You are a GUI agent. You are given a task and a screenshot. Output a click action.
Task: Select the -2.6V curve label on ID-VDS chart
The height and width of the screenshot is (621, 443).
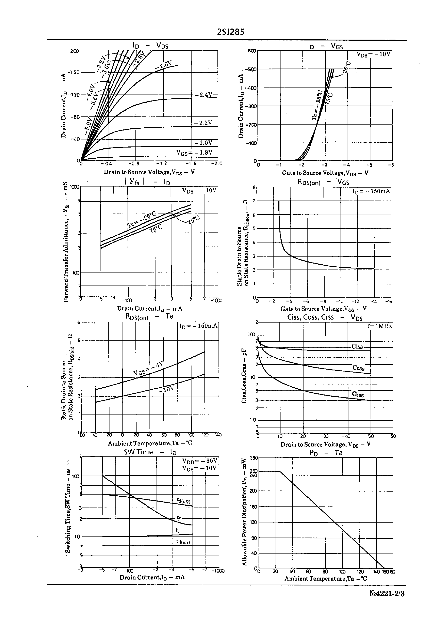[x=164, y=64]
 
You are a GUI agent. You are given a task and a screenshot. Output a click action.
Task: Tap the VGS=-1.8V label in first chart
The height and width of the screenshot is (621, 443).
[x=194, y=152]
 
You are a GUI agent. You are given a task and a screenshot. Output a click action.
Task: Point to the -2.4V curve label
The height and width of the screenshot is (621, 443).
[x=203, y=95]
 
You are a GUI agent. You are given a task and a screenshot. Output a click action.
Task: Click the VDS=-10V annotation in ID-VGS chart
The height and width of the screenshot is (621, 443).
[x=373, y=54]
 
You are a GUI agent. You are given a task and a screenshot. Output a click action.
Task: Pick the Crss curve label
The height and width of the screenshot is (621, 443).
[x=358, y=394]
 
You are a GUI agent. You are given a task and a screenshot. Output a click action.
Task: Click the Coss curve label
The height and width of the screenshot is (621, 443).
[x=358, y=368]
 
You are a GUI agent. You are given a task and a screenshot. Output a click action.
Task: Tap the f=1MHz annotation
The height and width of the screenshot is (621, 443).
[x=380, y=326]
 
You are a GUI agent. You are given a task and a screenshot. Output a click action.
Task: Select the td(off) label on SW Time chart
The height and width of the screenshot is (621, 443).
[x=183, y=501]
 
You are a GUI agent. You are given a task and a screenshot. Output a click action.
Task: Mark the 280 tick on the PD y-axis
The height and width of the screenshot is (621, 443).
[x=254, y=458]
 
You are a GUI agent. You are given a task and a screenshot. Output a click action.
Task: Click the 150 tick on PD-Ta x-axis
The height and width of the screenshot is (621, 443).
[x=385, y=572]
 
